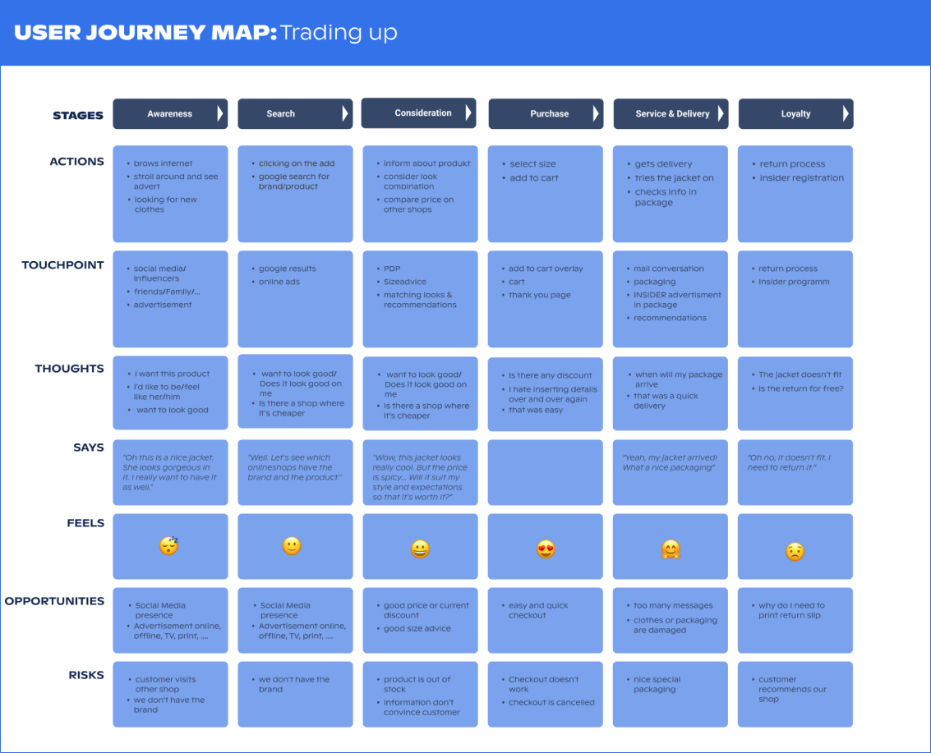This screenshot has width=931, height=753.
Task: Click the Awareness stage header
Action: [x=170, y=113]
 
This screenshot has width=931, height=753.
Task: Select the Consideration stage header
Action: [x=418, y=112]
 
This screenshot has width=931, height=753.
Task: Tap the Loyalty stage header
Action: [x=795, y=113]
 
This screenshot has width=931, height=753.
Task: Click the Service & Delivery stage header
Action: [x=671, y=113]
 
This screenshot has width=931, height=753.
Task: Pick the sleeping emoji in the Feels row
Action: [x=169, y=545]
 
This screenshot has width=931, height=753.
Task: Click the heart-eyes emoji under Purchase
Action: [x=546, y=549]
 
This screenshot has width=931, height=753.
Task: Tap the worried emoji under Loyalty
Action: [x=795, y=552]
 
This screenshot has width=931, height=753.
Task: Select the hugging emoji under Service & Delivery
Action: [x=671, y=549]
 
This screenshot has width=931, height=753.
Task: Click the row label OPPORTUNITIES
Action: [x=54, y=601]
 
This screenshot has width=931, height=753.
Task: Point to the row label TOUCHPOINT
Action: [x=63, y=265]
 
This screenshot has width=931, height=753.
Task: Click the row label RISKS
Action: [x=86, y=675]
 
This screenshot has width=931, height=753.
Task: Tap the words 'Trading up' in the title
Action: [x=339, y=33]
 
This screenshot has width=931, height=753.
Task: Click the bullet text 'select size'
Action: [x=532, y=163]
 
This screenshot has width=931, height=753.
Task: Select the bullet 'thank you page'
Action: [x=540, y=295]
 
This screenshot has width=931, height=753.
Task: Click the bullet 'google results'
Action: [x=288, y=269]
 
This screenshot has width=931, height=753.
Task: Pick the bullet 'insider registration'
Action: [x=801, y=178]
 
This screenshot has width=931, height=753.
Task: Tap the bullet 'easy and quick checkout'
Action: [x=538, y=611]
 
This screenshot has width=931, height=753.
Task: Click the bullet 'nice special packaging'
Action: [x=657, y=684]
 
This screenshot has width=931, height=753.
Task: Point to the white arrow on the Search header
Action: [x=345, y=113]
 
